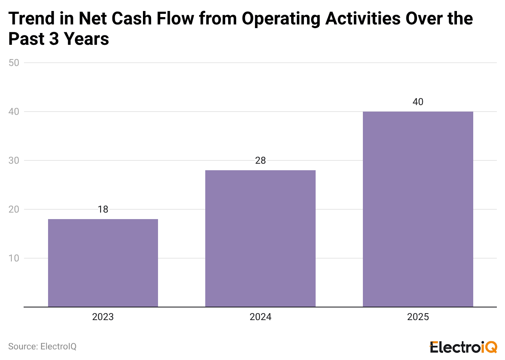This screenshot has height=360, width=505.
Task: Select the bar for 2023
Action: (x=103, y=263)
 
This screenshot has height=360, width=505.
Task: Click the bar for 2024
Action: (x=260, y=238)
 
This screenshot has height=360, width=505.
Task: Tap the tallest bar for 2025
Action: (x=418, y=209)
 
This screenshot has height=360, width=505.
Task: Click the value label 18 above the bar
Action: (x=103, y=209)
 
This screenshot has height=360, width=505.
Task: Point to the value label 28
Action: (x=260, y=160)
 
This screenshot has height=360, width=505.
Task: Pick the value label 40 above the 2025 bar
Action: (x=418, y=102)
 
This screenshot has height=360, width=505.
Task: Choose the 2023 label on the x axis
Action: (x=103, y=317)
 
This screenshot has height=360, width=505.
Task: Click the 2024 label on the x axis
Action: (x=260, y=317)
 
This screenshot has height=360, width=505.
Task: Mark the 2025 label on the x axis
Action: (x=418, y=317)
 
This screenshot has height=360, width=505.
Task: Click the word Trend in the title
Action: (x=32, y=19)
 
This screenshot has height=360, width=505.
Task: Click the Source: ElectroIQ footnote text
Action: (x=42, y=347)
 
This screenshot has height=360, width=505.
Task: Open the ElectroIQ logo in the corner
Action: (x=463, y=347)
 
